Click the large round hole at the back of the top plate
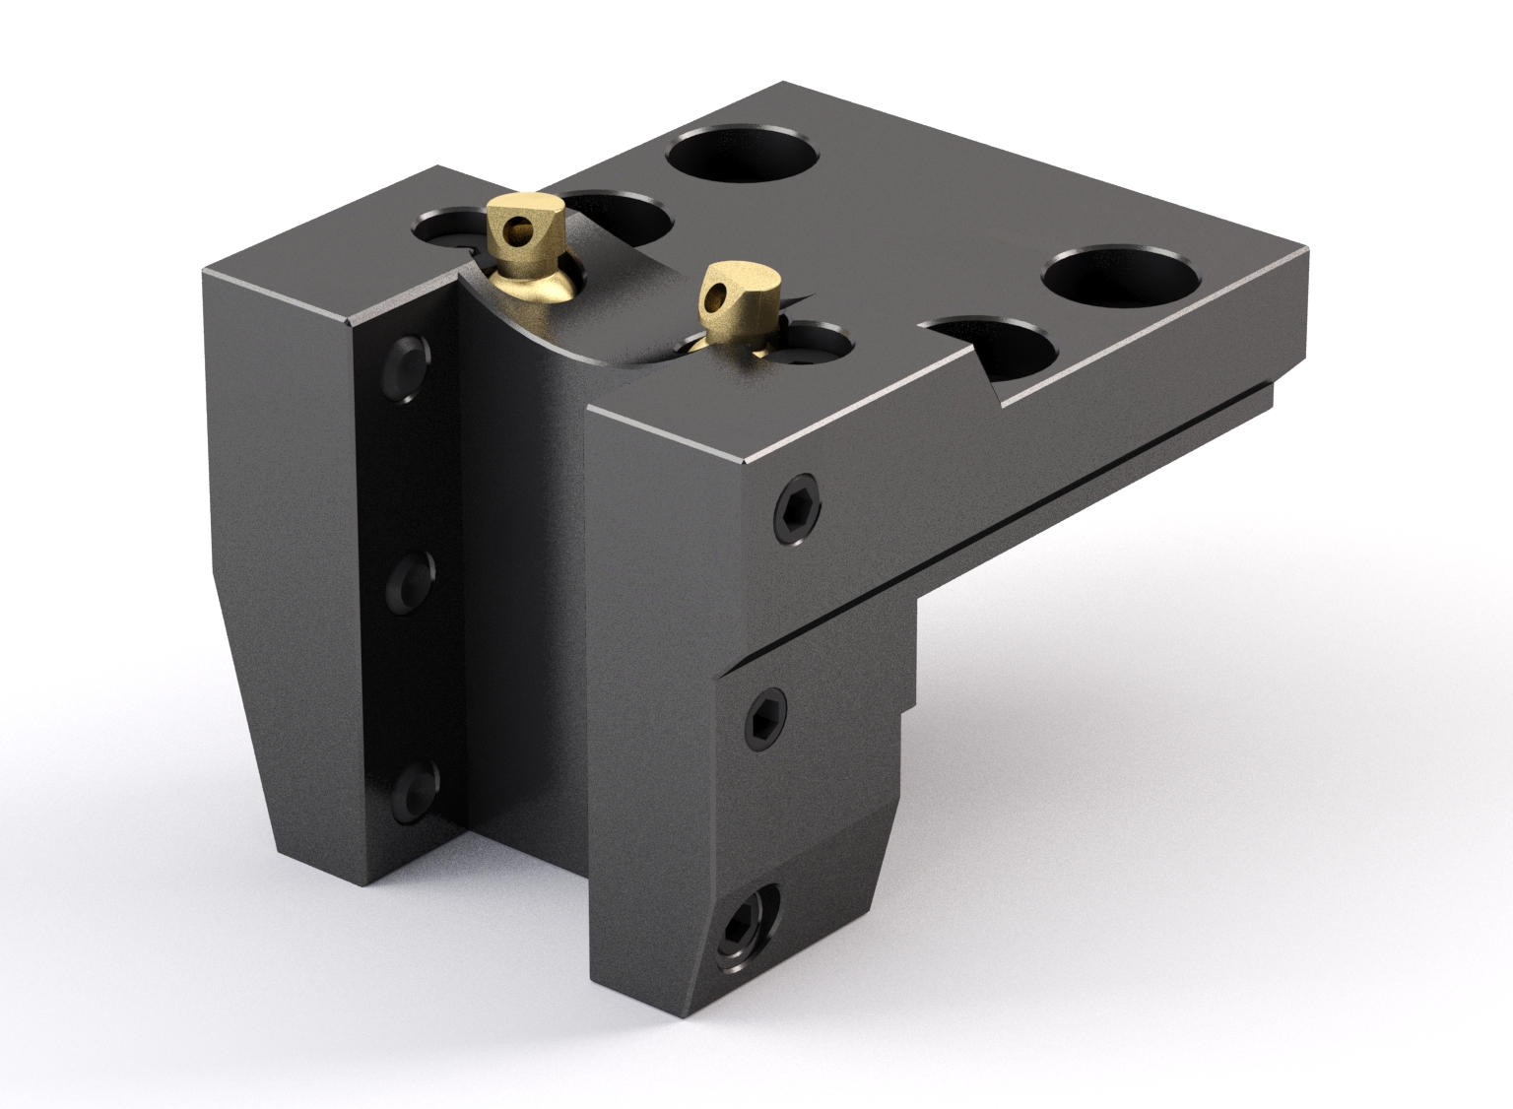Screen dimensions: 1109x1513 (x=742, y=157)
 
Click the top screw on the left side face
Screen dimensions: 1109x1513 (x=407, y=369)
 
